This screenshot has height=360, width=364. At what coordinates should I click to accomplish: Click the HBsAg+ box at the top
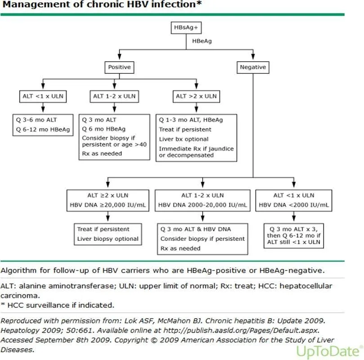(x=186, y=28)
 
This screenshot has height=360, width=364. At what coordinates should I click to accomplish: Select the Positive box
(x=119, y=67)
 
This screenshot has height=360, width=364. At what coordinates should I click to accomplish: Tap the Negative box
(x=253, y=67)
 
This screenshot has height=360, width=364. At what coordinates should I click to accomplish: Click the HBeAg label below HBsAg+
(x=202, y=41)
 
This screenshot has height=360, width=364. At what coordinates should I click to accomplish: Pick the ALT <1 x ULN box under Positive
(x=42, y=96)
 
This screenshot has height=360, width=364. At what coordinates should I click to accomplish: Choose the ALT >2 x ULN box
(x=196, y=96)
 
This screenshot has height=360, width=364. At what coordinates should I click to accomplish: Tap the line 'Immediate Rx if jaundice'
(x=196, y=148)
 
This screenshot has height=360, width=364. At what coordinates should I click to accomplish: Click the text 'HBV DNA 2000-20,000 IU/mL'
(x=202, y=205)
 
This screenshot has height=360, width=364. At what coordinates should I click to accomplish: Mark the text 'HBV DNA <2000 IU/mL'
(x=293, y=205)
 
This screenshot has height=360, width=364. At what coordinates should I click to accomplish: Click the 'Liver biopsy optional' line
(x=108, y=238)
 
